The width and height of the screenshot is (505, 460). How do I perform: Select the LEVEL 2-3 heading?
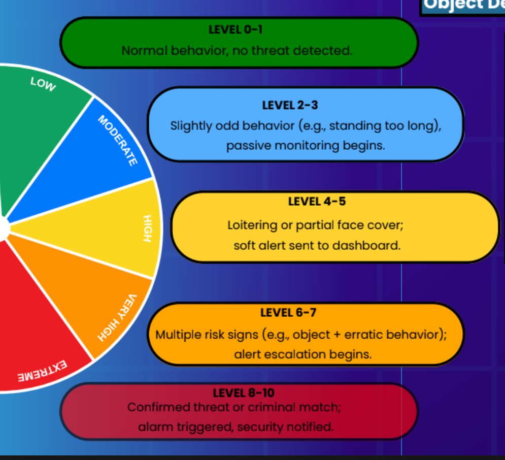click(290, 105)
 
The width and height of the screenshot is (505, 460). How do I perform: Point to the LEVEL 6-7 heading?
click(288, 312)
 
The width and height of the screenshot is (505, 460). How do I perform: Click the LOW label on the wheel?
click(43, 84)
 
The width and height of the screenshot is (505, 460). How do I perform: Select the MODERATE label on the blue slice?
click(117, 141)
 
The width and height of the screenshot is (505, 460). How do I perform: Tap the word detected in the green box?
click(325, 51)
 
